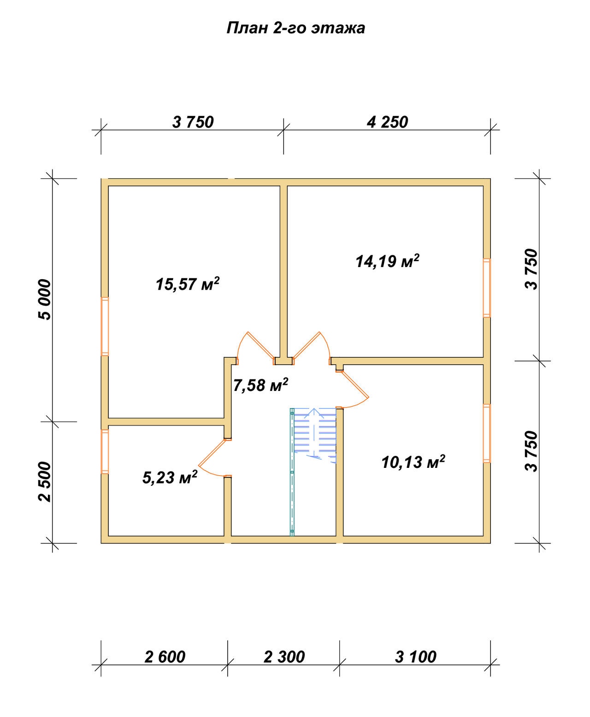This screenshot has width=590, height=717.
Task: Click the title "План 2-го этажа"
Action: click(x=295, y=28)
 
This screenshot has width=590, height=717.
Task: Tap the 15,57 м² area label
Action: click(x=188, y=284)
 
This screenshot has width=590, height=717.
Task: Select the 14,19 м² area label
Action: click(x=387, y=261)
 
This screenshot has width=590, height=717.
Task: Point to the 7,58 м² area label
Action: click(x=260, y=385)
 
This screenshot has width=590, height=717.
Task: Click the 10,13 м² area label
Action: click(x=413, y=462)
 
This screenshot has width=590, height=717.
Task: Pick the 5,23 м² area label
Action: click(x=170, y=477)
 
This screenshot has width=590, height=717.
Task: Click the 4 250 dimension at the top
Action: click(x=387, y=122)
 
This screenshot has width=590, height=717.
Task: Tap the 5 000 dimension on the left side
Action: click(x=45, y=299)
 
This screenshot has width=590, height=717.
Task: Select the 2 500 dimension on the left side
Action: click(x=45, y=482)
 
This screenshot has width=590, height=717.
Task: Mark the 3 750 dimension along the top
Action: click(x=193, y=122)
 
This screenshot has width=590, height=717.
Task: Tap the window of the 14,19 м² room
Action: click(x=487, y=288)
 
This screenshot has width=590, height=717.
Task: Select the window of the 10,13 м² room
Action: click(x=487, y=433)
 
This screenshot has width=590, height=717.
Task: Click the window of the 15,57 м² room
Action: click(x=105, y=326)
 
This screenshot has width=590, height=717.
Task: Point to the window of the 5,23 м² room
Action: click(x=105, y=451)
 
